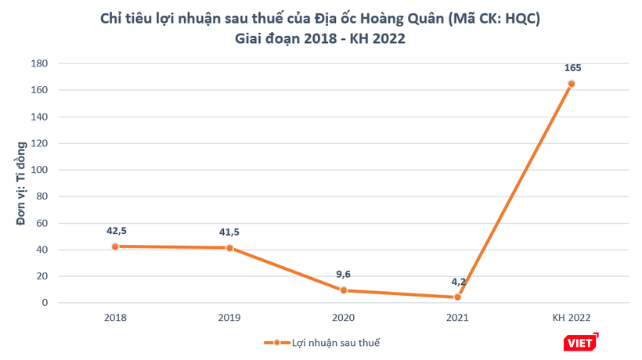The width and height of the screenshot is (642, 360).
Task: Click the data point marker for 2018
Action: coord(115,247)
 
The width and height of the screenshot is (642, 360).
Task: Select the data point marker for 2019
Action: coord(229,248)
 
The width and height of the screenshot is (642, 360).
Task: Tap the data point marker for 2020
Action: coord(344,290)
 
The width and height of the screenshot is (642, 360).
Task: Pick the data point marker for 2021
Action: coord(457,297)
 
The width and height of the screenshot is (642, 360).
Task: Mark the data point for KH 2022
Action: coord(572,84)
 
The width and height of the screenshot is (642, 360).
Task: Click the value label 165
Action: coord(572,68)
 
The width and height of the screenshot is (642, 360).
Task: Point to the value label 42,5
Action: coord(116,230)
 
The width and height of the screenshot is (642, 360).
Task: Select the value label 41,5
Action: coord(229,232)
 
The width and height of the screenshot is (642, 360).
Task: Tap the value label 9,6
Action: coord(344,274)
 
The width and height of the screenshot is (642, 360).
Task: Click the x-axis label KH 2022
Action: coord(572,318)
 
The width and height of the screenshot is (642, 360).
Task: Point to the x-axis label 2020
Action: coord(344,318)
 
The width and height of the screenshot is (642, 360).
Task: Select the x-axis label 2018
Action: coord(115,318)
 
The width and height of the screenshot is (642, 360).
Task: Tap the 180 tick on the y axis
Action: coord(39,63)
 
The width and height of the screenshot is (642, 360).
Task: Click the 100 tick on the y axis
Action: coord(39,170)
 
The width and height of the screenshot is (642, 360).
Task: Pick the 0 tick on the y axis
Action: coord(45,303)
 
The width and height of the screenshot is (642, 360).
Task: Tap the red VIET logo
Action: coord(580,342)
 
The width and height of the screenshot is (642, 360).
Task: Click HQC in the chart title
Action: coord(513,18)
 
